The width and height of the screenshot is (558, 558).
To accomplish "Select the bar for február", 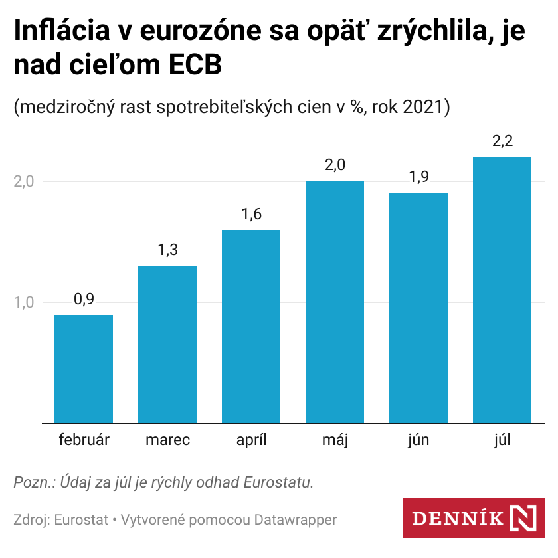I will [84, 369].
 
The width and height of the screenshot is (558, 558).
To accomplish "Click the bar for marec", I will [167, 344].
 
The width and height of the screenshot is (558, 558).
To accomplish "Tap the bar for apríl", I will [251, 326].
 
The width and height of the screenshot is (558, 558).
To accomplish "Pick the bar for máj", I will [335, 302].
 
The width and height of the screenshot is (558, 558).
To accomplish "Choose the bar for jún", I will [418, 308].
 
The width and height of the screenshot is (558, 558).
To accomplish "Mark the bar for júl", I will [502, 290].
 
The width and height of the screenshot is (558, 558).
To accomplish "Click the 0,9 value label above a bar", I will [84, 300].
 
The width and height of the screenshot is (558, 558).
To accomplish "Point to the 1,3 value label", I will [167, 250].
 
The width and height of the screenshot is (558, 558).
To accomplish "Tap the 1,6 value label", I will [251, 215].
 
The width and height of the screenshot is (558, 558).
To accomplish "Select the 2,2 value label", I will [502, 141].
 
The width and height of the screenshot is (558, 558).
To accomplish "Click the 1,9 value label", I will [418, 178].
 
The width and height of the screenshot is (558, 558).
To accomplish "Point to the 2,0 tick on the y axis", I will [24, 181].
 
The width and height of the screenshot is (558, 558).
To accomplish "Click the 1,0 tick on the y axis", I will [24, 302].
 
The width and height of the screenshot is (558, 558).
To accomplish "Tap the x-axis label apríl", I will [251, 440].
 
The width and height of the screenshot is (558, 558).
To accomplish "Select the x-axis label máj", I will [335, 440].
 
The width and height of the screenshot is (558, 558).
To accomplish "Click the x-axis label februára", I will [84, 440].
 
